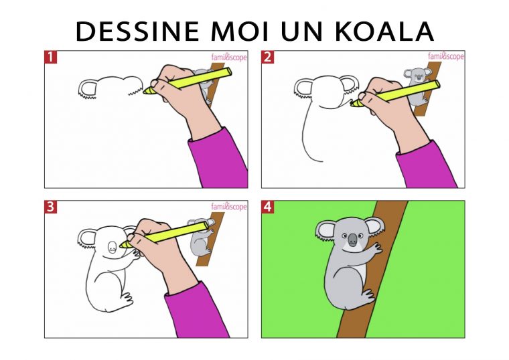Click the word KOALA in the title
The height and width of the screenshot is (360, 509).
384,31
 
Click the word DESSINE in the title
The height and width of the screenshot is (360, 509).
137,31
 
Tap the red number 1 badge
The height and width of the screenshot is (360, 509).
50,57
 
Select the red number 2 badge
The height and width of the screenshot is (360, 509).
267,57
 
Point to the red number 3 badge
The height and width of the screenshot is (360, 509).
50,207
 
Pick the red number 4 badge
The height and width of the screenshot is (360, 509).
267,207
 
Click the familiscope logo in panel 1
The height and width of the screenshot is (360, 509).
229,58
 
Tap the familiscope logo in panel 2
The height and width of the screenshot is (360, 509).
446,56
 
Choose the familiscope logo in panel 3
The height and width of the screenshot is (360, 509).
229,206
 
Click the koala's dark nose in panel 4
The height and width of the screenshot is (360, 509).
352,240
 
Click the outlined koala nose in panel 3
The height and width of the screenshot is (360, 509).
112,247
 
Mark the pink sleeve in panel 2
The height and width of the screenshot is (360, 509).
426,165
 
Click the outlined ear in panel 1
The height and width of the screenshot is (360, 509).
88,89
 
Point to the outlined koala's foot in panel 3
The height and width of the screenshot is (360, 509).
127,298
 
